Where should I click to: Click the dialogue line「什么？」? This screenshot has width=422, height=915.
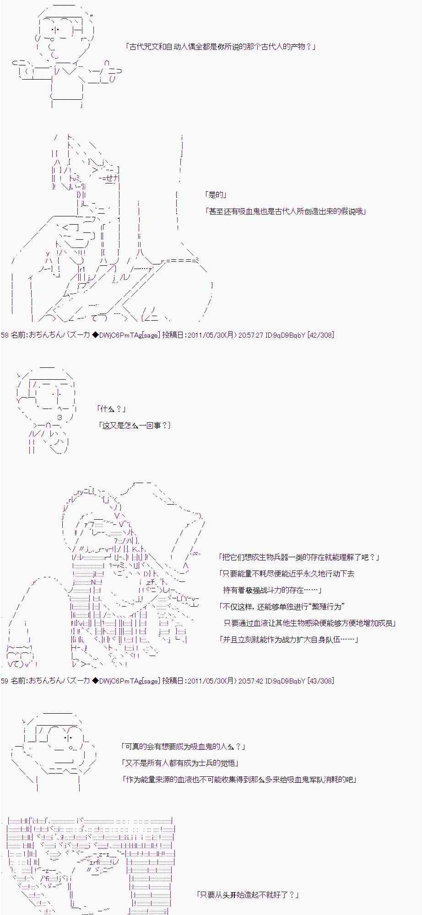click(111, 409)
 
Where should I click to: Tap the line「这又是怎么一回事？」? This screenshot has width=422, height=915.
click(135, 425)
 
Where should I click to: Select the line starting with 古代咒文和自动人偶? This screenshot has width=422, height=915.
click(220, 47)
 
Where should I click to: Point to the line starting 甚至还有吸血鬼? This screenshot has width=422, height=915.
click(286, 211)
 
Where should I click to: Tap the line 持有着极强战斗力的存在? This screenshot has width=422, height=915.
click(272, 590)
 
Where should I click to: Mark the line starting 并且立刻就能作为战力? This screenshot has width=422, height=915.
click(289, 640)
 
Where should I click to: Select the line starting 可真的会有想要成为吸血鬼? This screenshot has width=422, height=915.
click(184, 747)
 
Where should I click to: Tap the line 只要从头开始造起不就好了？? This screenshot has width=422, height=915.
click(247, 895)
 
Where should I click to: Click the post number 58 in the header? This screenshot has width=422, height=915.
click(5, 335)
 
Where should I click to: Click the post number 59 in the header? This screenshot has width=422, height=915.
click(5, 681)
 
